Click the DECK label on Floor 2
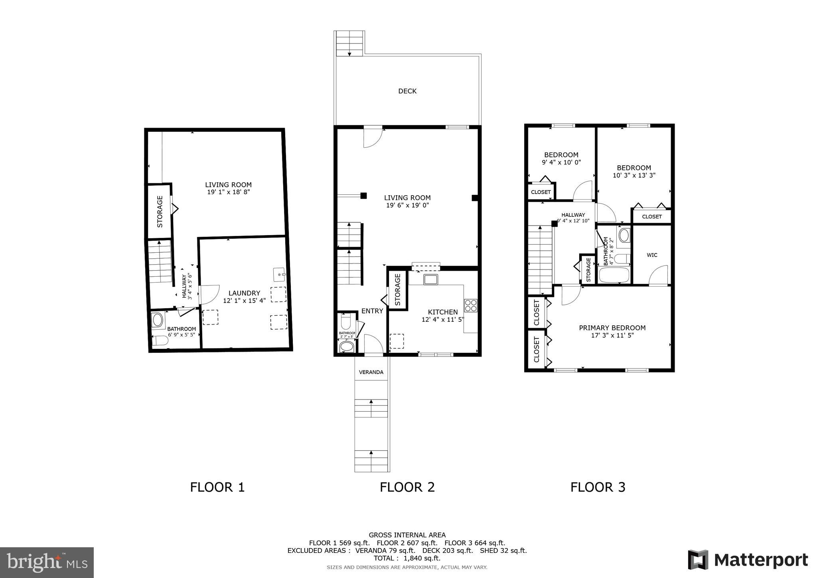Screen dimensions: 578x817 [x=407, y=91]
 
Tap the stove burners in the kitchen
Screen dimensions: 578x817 [x=471, y=305]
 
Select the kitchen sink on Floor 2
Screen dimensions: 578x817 [x=431, y=279]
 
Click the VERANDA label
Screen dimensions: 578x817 [x=371, y=372]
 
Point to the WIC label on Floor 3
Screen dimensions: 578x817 [x=652, y=255]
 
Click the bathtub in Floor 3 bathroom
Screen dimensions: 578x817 [x=614, y=275]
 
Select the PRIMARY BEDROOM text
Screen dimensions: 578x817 [x=612, y=328]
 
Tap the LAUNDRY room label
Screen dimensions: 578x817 [x=244, y=293]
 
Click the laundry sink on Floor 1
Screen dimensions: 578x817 [x=279, y=275]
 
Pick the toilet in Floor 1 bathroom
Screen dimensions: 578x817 [x=160, y=340]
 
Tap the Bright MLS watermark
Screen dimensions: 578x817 [x=47, y=562]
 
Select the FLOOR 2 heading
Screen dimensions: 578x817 [x=407, y=487]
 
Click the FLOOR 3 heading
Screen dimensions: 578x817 [x=598, y=487]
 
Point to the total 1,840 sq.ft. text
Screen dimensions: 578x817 [x=407, y=558]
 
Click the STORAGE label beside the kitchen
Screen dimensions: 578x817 [x=398, y=290]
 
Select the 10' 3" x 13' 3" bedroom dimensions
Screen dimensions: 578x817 [x=634, y=175]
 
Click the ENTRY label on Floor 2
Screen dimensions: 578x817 [x=372, y=311]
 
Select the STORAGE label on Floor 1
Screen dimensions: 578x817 [x=160, y=212]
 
